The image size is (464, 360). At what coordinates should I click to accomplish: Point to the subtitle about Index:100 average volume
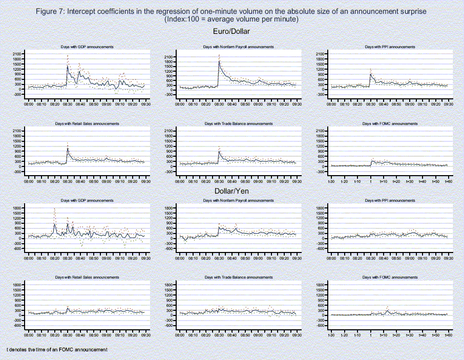[x=231, y=19]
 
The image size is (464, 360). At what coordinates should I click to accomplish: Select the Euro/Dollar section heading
[x=231, y=32]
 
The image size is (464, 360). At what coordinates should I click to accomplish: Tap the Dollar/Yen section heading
[x=231, y=192]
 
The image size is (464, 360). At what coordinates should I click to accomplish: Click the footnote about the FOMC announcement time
[x=57, y=349]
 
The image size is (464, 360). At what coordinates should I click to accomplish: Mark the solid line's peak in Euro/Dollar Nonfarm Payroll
[x=219, y=62]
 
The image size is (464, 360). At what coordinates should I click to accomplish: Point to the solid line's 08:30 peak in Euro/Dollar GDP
[x=68, y=66]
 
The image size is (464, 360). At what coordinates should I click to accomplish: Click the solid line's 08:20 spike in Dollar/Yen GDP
[x=55, y=224]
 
